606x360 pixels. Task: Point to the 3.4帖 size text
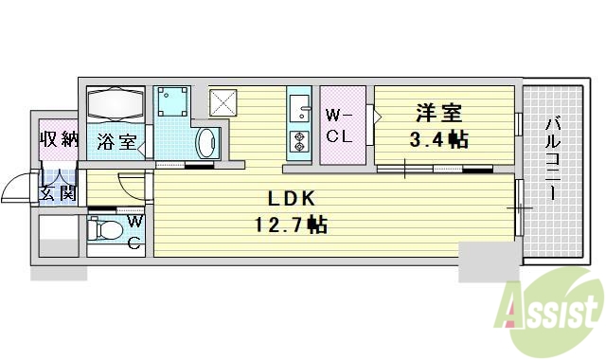coord(438,140)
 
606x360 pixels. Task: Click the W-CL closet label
coord(340,126)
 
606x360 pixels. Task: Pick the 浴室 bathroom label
coord(118,145)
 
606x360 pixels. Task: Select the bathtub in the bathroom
coord(116,103)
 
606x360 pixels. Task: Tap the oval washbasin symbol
coord(206,145)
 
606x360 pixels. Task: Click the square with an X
coord(222,99)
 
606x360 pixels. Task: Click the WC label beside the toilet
coord(134,230)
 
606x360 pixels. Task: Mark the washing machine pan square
coord(172,100)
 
